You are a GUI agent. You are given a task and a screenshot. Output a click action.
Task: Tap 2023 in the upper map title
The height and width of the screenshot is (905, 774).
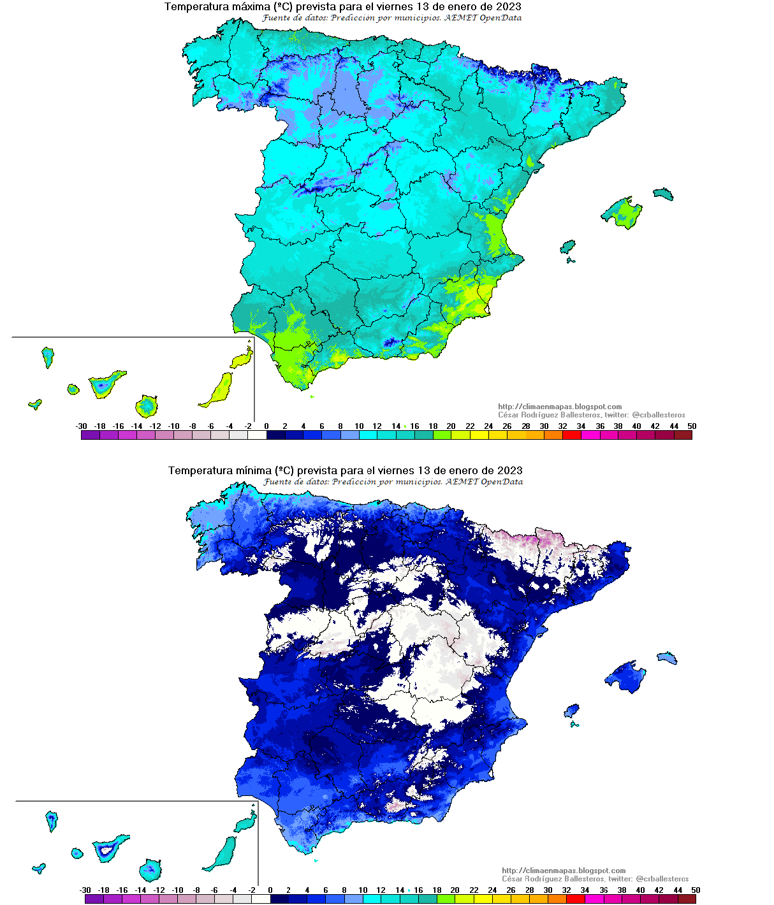click(x=507, y=7)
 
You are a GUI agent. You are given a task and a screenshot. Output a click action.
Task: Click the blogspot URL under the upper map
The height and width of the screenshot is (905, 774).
click(x=559, y=407)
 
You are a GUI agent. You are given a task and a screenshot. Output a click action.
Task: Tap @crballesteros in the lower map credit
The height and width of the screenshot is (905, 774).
click(x=662, y=879)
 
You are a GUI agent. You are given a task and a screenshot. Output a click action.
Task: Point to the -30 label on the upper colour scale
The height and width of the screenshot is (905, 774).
click(x=81, y=426)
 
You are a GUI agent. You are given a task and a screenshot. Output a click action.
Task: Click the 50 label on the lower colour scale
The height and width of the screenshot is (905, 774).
click(x=696, y=890)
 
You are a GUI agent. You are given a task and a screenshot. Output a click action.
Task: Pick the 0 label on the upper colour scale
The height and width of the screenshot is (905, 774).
click(x=266, y=426)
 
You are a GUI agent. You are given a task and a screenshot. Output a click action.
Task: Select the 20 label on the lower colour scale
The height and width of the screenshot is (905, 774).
click(x=455, y=890)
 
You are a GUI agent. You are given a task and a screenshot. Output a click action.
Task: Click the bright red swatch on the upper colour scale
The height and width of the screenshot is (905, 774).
click(x=572, y=435)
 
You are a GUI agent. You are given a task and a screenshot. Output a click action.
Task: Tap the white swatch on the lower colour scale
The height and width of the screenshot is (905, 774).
click(x=261, y=899)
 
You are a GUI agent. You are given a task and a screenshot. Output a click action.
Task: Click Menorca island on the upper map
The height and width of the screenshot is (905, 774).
click(x=663, y=193)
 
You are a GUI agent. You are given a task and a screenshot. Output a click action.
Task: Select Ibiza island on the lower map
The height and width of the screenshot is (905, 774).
click(x=571, y=710)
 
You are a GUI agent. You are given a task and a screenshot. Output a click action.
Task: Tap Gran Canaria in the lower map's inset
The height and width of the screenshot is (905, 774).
click(x=150, y=869)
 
